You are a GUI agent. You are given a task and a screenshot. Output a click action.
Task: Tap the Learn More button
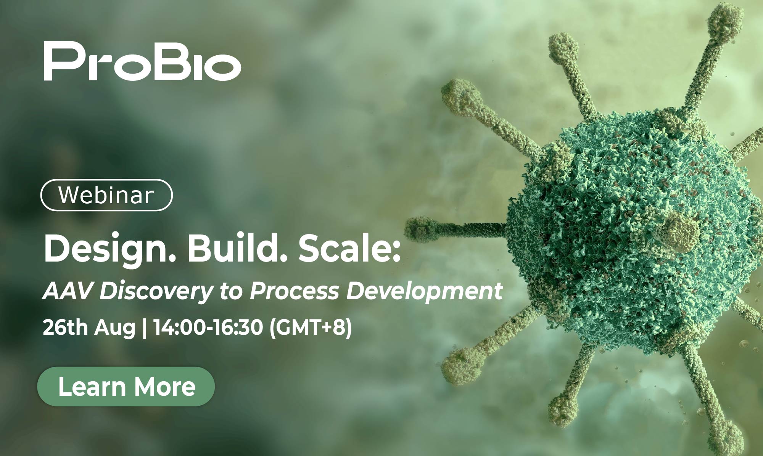click(126, 386)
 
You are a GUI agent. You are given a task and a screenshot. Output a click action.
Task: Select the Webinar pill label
click(106, 195)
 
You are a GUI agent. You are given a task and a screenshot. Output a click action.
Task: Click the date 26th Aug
click(89, 328)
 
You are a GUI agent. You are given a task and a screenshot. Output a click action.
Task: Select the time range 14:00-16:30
click(208, 328)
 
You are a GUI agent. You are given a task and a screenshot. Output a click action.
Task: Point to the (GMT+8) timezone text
click(311, 328)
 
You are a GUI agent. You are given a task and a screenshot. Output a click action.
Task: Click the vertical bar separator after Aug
click(144, 328)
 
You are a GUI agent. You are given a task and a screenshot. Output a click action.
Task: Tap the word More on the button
click(165, 387)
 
